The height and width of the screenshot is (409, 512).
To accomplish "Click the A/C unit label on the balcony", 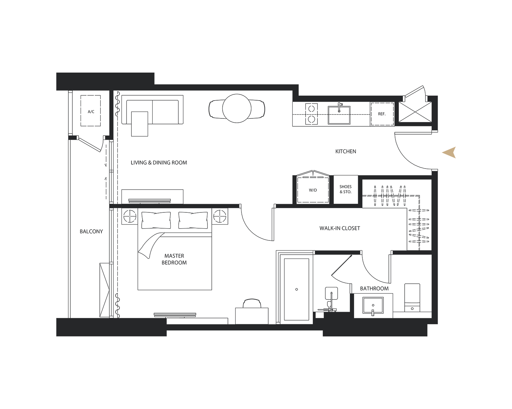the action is coord(91,111).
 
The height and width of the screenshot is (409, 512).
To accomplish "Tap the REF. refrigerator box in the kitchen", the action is coord(382,114).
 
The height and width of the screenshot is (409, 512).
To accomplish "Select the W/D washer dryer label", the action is coord(313,190).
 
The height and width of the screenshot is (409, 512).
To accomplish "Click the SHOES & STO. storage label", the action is coord(346,189).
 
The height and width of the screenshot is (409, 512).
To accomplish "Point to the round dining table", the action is coord(237,109).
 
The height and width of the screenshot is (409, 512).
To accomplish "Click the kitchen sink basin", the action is coord(339,115).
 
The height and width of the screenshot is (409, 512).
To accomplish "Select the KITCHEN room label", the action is coord(346,151).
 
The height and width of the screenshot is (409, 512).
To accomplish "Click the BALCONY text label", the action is coord(91,231).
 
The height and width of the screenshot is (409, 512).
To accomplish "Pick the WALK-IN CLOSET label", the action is coord(340,228).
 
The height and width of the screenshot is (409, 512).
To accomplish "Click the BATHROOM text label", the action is coord(374,289).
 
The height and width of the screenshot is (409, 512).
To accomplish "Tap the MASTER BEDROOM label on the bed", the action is coord(174,259).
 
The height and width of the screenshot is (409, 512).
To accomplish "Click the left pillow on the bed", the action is coord(156,220).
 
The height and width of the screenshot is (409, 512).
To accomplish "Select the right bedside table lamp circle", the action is coord(220,216).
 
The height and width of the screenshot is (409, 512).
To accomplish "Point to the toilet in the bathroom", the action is coord(412,297).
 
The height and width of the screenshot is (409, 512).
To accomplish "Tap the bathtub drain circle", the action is coord(296,289).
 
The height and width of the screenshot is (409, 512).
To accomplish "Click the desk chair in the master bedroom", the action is coord(252,303).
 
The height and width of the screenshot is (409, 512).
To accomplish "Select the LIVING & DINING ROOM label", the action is coord(159,163).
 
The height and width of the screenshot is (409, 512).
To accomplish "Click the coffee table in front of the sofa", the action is coord(140,124).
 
